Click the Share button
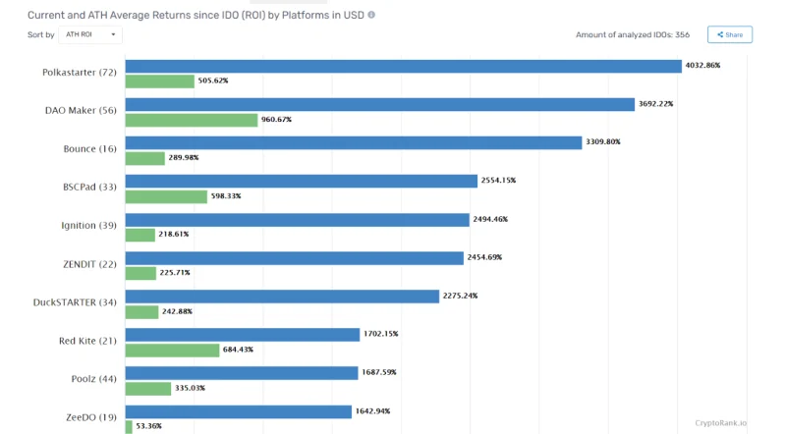point(730,34)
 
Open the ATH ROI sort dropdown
point(90,34)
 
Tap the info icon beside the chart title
point(371,15)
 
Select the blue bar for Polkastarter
point(404,66)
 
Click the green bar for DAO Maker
point(192,120)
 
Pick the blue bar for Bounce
point(354,142)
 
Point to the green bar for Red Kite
point(173,351)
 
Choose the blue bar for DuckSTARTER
point(282,297)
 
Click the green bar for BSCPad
point(166,196)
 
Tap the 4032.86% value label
point(702,65)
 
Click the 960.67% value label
point(276,119)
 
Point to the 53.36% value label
point(149,426)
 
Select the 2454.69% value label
point(484,257)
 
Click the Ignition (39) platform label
point(88,226)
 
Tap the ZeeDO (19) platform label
point(91,417)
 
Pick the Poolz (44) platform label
point(93,379)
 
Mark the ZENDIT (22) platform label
point(89,264)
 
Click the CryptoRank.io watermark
point(720,423)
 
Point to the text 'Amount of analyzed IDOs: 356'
point(633,34)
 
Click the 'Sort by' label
point(40,34)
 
